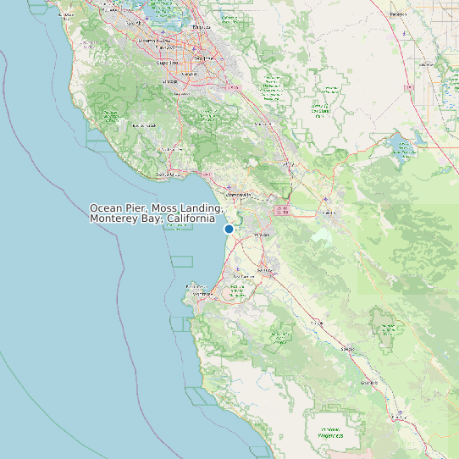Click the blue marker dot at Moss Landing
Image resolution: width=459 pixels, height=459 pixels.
click(x=229, y=229)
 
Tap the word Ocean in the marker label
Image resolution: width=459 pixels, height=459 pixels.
click(x=106, y=208)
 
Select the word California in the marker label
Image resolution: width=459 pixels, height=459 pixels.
click(x=191, y=219)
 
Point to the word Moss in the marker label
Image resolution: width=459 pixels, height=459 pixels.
click(x=166, y=208)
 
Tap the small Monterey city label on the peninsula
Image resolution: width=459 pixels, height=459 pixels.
click(x=197, y=286)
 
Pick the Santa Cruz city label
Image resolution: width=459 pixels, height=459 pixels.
click(x=169, y=175)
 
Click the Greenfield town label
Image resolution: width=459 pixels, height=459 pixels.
click(x=368, y=383)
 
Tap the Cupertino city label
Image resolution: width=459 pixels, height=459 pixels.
click(x=169, y=62)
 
